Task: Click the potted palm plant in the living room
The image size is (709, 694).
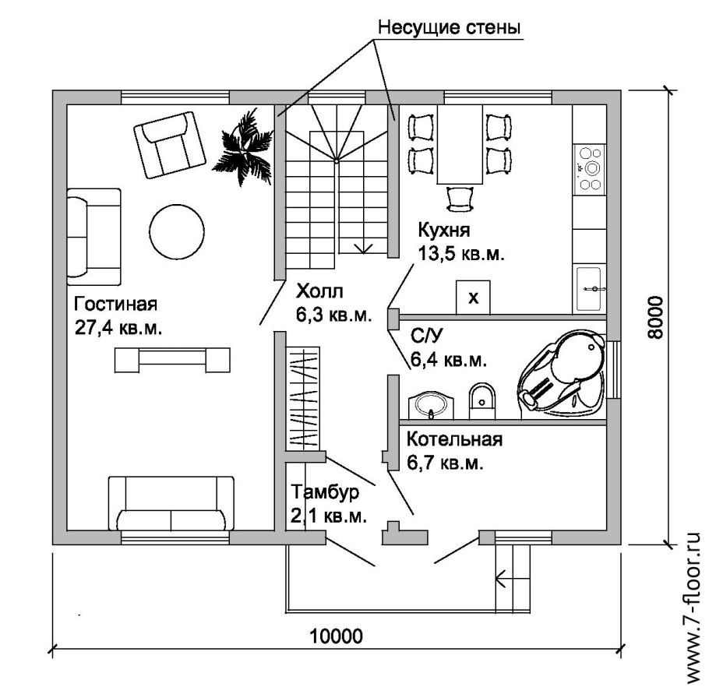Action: click(244, 148)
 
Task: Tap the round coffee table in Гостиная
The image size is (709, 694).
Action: click(177, 231)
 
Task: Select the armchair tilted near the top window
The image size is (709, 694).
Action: click(170, 145)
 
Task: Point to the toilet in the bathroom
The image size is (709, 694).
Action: click(482, 400)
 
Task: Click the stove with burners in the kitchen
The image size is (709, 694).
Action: click(590, 169)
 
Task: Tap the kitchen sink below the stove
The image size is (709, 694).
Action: click(590, 288)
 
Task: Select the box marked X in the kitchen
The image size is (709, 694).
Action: click(473, 297)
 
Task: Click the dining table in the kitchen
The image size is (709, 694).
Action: click(460, 144)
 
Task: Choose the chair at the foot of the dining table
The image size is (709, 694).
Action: click(460, 199)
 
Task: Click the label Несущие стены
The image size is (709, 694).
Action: click(449, 27)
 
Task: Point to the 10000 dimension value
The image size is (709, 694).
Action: click(336, 636)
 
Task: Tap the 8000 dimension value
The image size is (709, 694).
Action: click(654, 317)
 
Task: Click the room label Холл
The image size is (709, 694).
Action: click(319, 291)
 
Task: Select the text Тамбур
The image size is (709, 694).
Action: click(325, 492)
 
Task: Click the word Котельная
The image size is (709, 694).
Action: click(454, 439)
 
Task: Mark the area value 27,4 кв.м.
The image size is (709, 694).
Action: click(118, 328)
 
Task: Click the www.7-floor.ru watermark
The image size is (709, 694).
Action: click(693, 608)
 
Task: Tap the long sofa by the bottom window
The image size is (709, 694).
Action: click(171, 503)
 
